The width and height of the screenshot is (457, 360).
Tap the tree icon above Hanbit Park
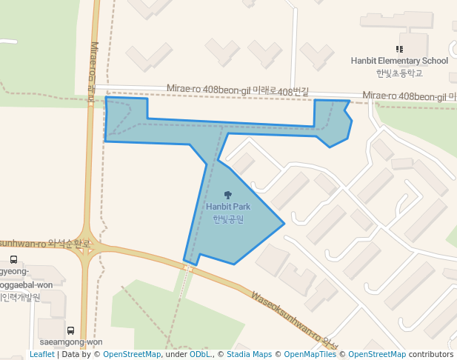tap(227, 195)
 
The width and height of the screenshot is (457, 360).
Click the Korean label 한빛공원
tap(228, 219)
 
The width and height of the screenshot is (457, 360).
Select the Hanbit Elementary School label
tap(399, 61)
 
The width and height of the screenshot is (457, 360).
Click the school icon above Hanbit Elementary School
tap(399, 49)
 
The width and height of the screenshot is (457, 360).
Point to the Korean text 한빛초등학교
tap(399, 73)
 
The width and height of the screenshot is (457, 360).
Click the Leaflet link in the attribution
tap(41, 354)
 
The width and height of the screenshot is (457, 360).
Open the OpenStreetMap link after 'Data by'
tap(132, 354)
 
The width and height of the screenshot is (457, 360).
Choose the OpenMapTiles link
tap(310, 354)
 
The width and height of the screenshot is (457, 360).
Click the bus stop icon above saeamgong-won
tap(70, 330)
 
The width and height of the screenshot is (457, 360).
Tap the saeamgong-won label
tap(70, 342)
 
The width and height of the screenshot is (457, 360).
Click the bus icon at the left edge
tap(13, 259)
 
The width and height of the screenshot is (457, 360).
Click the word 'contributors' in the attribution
tap(431, 354)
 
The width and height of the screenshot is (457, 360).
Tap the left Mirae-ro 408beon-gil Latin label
tap(207, 90)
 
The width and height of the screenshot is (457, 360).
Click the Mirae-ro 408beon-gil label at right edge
tap(404, 96)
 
